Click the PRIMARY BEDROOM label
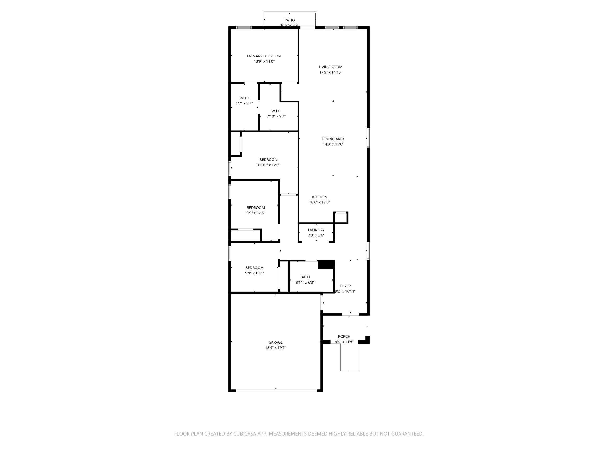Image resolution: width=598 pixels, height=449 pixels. tap(264, 56)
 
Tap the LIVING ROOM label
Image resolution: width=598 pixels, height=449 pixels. tap(330, 67)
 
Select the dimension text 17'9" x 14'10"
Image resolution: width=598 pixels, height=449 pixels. tap(330, 72)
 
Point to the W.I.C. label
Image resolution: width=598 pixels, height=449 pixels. tap(276, 111)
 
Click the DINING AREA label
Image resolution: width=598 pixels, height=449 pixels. tap(333, 139)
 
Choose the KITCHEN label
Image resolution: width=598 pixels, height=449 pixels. tap(320, 197)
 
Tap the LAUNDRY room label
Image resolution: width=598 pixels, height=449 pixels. tap(316, 230)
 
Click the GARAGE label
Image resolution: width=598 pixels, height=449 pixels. tap(276, 342)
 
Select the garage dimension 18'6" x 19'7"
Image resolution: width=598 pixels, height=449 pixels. tap(276, 348)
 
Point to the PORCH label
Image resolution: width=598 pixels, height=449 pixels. tap(344, 337)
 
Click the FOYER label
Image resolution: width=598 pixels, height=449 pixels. tap(345, 286)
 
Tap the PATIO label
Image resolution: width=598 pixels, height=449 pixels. tap(289, 20)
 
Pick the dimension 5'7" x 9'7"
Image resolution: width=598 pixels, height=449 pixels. tap(244, 103)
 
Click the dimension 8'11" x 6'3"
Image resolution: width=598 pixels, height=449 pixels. tap(305, 282)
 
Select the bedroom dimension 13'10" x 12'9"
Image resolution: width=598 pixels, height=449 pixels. tap(269, 165)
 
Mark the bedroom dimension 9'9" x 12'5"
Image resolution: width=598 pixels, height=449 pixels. tap(256, 213)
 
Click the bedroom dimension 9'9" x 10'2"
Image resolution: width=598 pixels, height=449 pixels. tap(255, 273)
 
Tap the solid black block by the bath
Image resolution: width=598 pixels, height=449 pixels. tap(326, 265)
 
